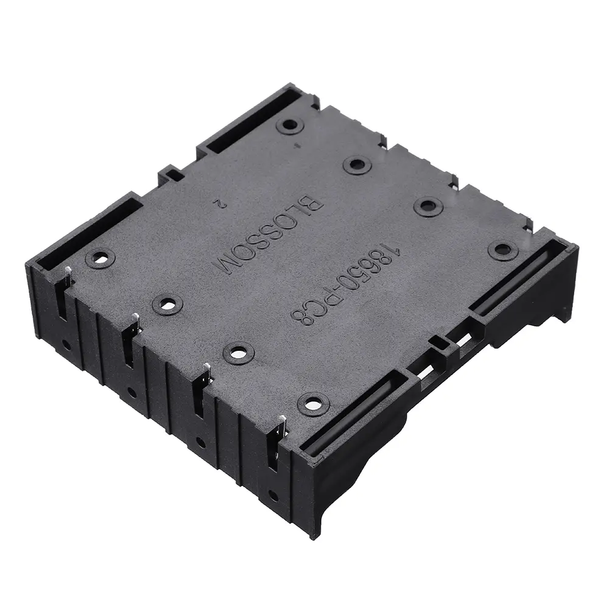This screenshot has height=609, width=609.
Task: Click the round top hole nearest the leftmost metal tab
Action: click(x=100, y=258)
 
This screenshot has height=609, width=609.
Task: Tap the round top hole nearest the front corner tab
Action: click(x=313, y=404)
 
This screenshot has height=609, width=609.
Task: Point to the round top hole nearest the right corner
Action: click(x=503, y=249)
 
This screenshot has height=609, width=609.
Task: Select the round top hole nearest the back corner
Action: click(x=290, y=125)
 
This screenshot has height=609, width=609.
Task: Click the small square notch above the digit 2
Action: click(x=173, y=175)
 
